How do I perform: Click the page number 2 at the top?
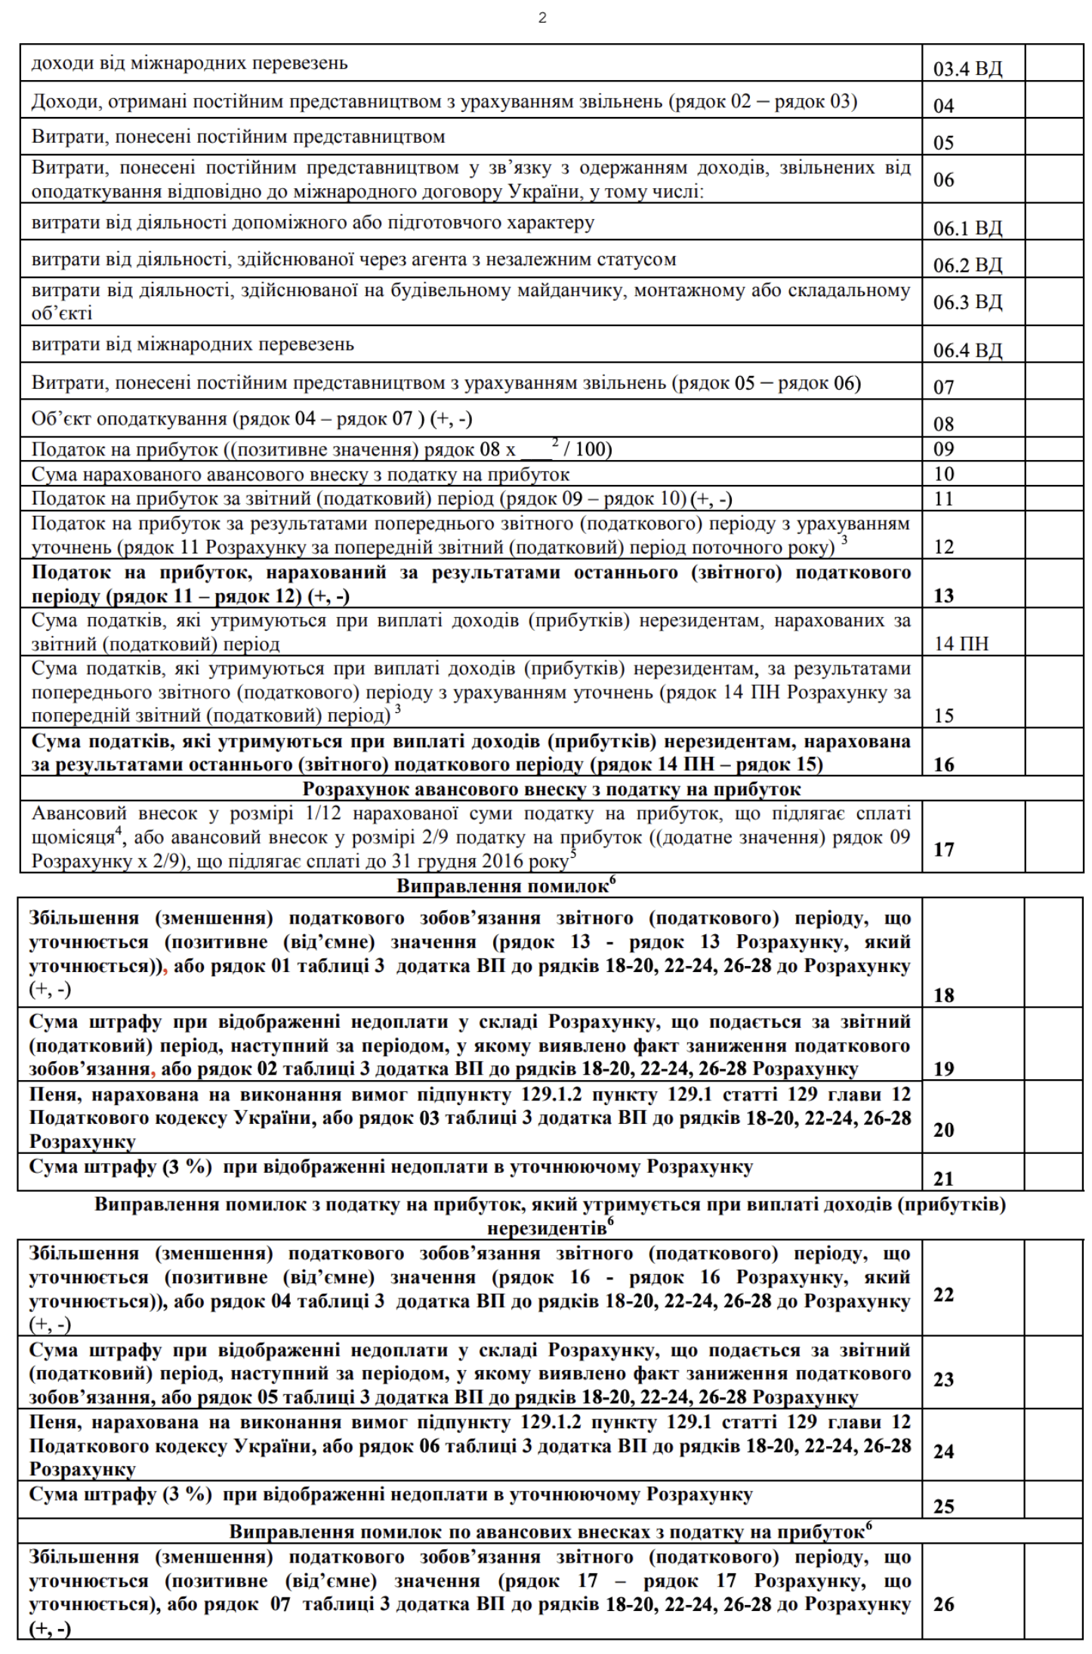click(x=542, y=18)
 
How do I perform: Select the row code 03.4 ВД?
click(x=967, y=69)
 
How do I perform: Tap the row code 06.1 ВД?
click(x=967, y=228)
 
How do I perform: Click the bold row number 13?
click(x=944, y=596)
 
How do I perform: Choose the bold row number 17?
click(x=944, y=849)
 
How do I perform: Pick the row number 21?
click(x=944, y=1178)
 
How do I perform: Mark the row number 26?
click(x=944, y=1604)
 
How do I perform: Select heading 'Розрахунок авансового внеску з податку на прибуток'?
click(x=551, y=789)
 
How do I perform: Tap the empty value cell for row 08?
click(x=1054, y=419)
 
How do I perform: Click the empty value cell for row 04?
click(x=1054, y=101)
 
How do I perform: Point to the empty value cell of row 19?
click(x=1054, y=1045)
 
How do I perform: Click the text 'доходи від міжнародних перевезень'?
click(x=190, y=63)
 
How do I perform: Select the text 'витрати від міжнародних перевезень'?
click(x=193, y=345)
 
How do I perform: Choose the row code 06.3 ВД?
click(x=967, y=302)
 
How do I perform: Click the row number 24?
click(x=944, y=1451)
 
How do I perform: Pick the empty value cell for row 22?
click(x=1054, y=1292)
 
